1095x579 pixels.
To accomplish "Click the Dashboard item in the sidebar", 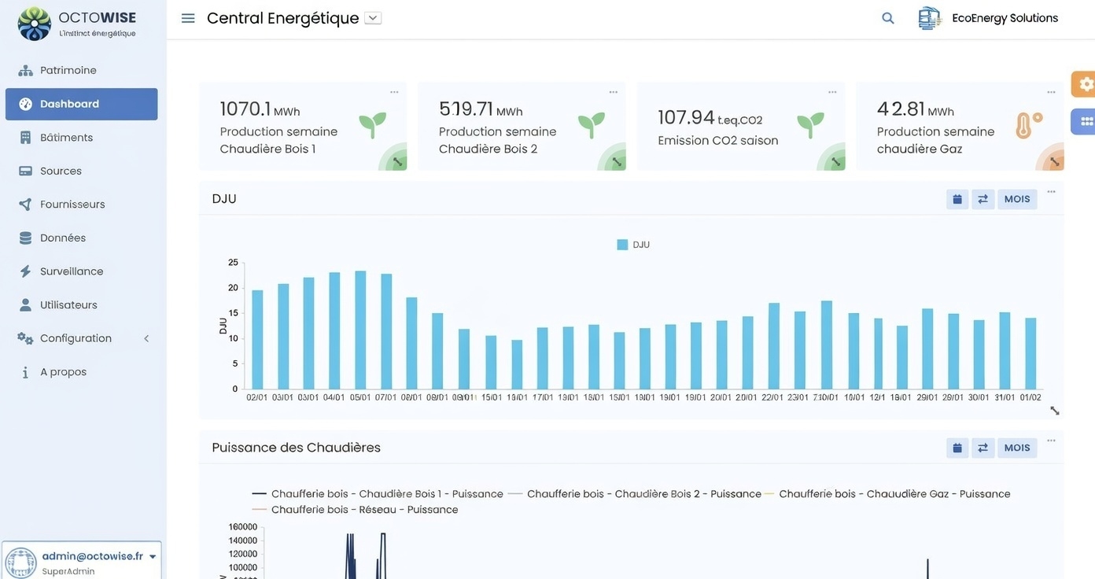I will point(69,104).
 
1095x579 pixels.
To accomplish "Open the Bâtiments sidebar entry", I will point(66,138).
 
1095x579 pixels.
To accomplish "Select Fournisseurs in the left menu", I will point(72,205).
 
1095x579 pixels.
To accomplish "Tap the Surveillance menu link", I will point(72,271).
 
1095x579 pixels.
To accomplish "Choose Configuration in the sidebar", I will point(76,338).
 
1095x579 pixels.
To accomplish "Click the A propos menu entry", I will point(63,372).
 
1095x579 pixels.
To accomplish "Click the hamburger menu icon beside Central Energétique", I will point(188,18).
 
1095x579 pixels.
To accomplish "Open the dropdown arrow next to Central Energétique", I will point(373,18).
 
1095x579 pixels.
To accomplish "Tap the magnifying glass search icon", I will point(888,18).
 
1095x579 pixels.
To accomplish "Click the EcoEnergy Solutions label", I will point(1005,18).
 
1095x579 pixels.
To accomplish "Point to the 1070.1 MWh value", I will point(259,109).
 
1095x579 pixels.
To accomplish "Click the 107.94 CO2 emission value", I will point(710,118).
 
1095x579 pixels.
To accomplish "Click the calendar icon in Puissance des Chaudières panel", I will point(957,448).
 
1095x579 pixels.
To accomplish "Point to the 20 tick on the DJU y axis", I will point(233,288).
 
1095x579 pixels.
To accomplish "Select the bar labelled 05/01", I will point(360,330).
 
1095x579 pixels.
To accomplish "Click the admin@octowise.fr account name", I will point(92,556).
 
